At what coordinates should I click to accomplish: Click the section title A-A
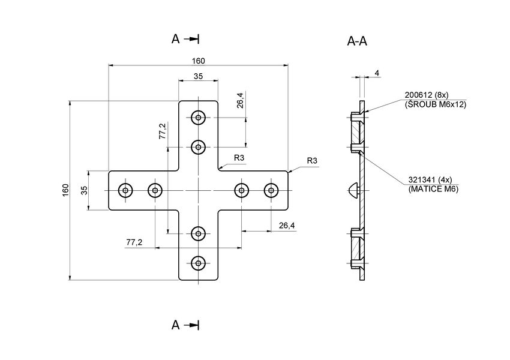pyautogui.click(x=357, y=41)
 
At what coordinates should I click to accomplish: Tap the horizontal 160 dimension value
pyautogui.click(x=198, y=61)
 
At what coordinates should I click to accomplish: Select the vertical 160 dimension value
pyautogui.click(x=65, y=190)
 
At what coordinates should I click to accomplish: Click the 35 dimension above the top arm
pyautogui.click(x=198, y=76)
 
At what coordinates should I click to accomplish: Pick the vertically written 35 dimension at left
pyautogui.click(x=84, y=190)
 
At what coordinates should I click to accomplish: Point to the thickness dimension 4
pyautogui.click(x=377, y=73)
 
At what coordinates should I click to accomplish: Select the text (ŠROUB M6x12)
pyautogui.click(x=436, y=104)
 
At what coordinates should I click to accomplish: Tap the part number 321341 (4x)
pyautogui.click(x=430, y=180)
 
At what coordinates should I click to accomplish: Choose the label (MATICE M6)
pyautogui.click(x=433, y=189)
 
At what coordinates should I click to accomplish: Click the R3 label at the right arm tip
pyautogui.click(x=311, y=161)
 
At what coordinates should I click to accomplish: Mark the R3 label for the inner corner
pyautogui.click(x=239, y=158)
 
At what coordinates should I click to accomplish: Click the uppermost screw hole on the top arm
pyautogui.click(x=198, y=118)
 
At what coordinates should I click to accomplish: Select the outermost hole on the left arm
pyautogui.click(x=125, y=191)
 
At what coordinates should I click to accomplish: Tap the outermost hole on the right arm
pyautogui.click(x=272, y=191)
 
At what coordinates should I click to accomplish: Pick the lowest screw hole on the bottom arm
pyautogui.click(x=198, y=262)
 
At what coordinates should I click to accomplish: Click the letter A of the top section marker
pyautogui.click(x=176, y=39)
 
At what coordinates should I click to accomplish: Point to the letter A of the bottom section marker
pyautogui.click(x=176, y=325)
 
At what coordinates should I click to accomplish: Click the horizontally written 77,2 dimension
pyautogui.click(x=134, y=242)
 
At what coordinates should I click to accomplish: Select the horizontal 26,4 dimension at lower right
pyautogui.click(x=287, y=226)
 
